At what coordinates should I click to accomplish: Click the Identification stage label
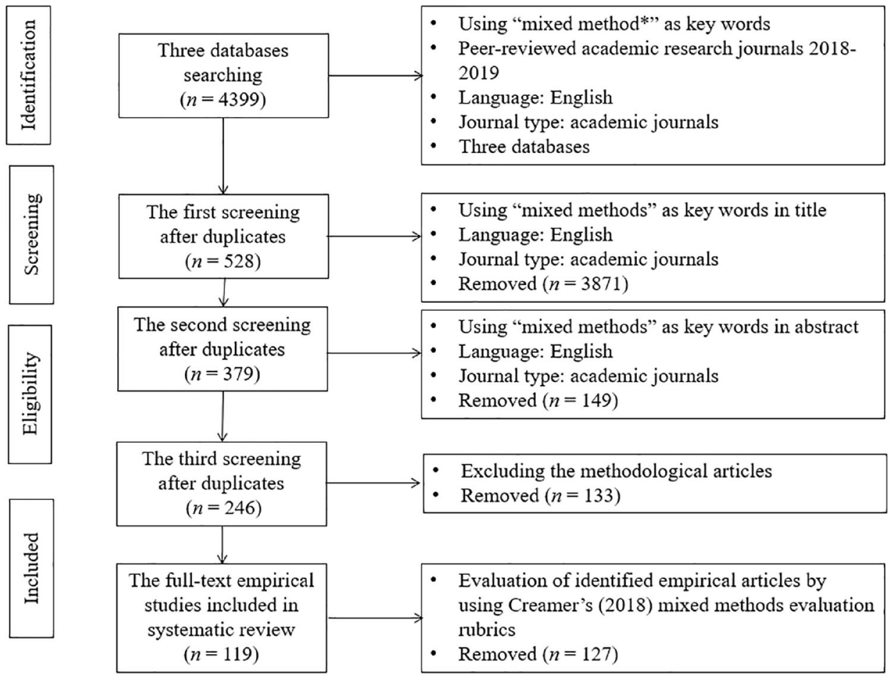click(29, 76)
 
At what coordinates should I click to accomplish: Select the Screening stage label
click(32, 234)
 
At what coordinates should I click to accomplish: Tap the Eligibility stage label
click(31, 394)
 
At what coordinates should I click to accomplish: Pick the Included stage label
click(32, 568)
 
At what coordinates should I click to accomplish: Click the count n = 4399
click(223, 99)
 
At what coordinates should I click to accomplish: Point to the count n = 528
click(223, 261)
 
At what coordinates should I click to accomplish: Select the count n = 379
click(222, 374)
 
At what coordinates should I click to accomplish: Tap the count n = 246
click(224, 508)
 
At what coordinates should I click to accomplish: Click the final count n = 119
click(221, 654)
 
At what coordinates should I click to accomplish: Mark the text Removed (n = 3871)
click(543, 284)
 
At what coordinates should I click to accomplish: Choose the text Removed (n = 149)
click(538, 400)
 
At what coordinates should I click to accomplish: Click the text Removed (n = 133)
click(540, 495)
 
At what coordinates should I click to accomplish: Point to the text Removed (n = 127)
click(538, 654)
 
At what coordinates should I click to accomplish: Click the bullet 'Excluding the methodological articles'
click(616, 471)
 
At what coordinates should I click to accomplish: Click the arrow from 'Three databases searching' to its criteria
click(376, 76)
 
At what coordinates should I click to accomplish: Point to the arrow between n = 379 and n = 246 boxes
click(222, 417)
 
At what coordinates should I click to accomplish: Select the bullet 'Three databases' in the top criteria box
click(524, 146)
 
